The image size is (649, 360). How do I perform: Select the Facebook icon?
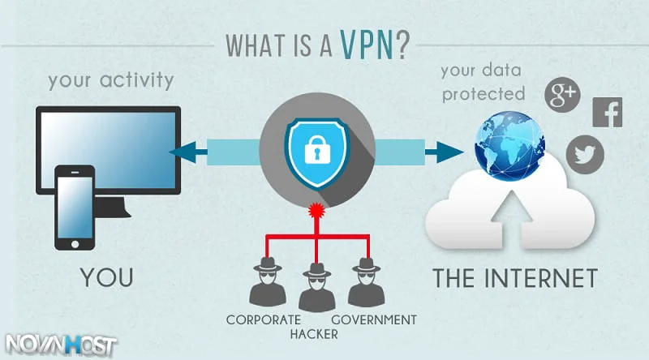pyautogui.click(x=608, y=111)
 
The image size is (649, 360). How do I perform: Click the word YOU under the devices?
pyautogui.click(x=106, y=277)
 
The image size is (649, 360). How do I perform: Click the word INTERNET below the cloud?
pyautogui.click(x=545, y=277)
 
